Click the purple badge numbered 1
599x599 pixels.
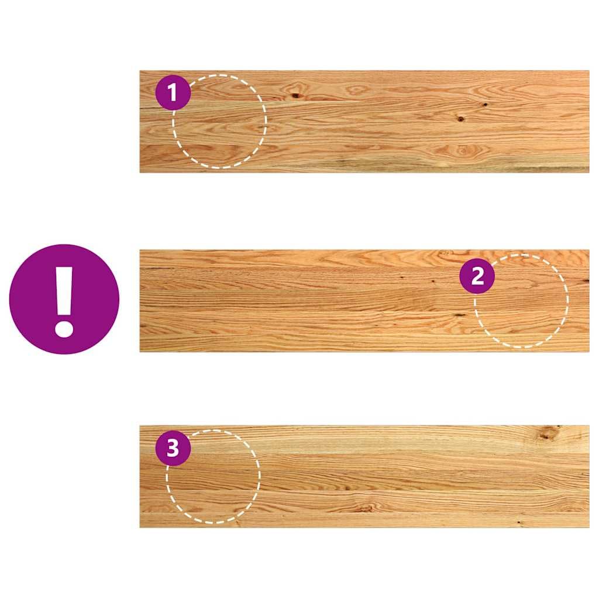coord(173,92)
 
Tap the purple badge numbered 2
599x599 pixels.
coord(477,276)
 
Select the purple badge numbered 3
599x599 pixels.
coord(173,447)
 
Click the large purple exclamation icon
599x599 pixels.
coord(64,299)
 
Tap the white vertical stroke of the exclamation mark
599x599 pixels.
coord(64,290)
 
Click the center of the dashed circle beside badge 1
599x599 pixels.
coord(220,122)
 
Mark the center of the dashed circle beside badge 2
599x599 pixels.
coord(521,301)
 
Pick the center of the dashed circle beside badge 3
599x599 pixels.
coord(213,476)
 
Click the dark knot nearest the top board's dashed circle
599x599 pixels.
coord(295,95)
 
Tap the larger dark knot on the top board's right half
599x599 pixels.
coord(461,119)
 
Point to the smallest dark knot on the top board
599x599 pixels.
coord(485,104)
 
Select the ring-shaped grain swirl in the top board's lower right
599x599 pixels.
coord(463,150)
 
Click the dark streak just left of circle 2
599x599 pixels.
coord(460,315)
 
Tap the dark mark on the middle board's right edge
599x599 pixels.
coord(586,281)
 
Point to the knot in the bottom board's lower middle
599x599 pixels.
coord(366,508)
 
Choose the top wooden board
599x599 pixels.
coord(364,122)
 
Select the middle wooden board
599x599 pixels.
coord(364,301)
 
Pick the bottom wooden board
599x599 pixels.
coord(364,476)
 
